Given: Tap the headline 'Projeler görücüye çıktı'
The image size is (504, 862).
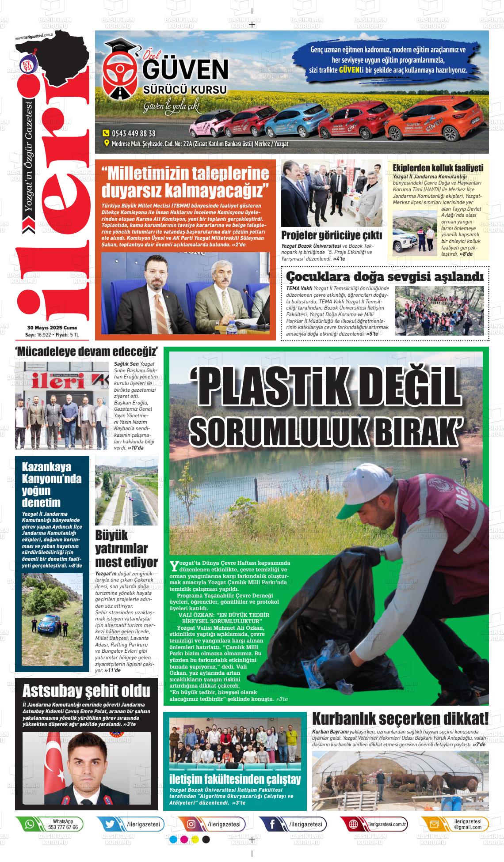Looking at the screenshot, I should [x=332, y=235].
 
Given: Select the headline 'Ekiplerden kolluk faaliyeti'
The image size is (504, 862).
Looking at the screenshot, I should [x=438, y=168].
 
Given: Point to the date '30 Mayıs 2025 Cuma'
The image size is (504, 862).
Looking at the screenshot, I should [x=52, y=328].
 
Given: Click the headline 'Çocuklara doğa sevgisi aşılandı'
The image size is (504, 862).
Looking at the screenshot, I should [x=385, y=276].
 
